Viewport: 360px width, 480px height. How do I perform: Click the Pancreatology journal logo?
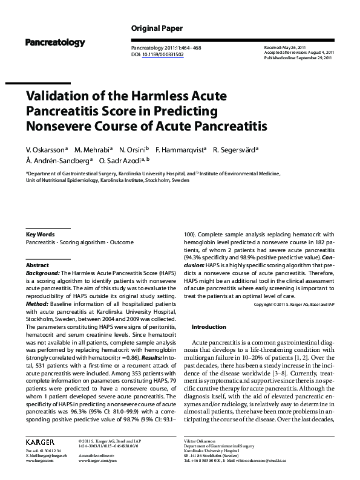(x=55, y=42)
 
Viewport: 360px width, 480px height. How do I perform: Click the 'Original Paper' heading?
(x=155, y=28)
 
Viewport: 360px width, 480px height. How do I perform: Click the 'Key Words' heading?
(x=41, y=234)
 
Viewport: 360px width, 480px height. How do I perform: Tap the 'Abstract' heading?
(x=38, y=265)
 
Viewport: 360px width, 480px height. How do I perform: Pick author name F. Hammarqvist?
(x=181, y=149)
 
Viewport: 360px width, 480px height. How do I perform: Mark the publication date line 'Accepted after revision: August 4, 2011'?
(x=298, y=52)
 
